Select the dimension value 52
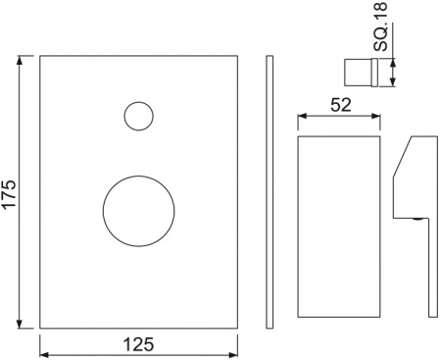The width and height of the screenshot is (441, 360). coord(337,105)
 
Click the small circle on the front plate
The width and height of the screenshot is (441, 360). coord(139,116)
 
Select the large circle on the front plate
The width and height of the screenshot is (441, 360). coord(139,211)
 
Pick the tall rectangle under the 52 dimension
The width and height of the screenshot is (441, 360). coord(337,226)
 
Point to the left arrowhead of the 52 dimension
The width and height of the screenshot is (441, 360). coord(301,117)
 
